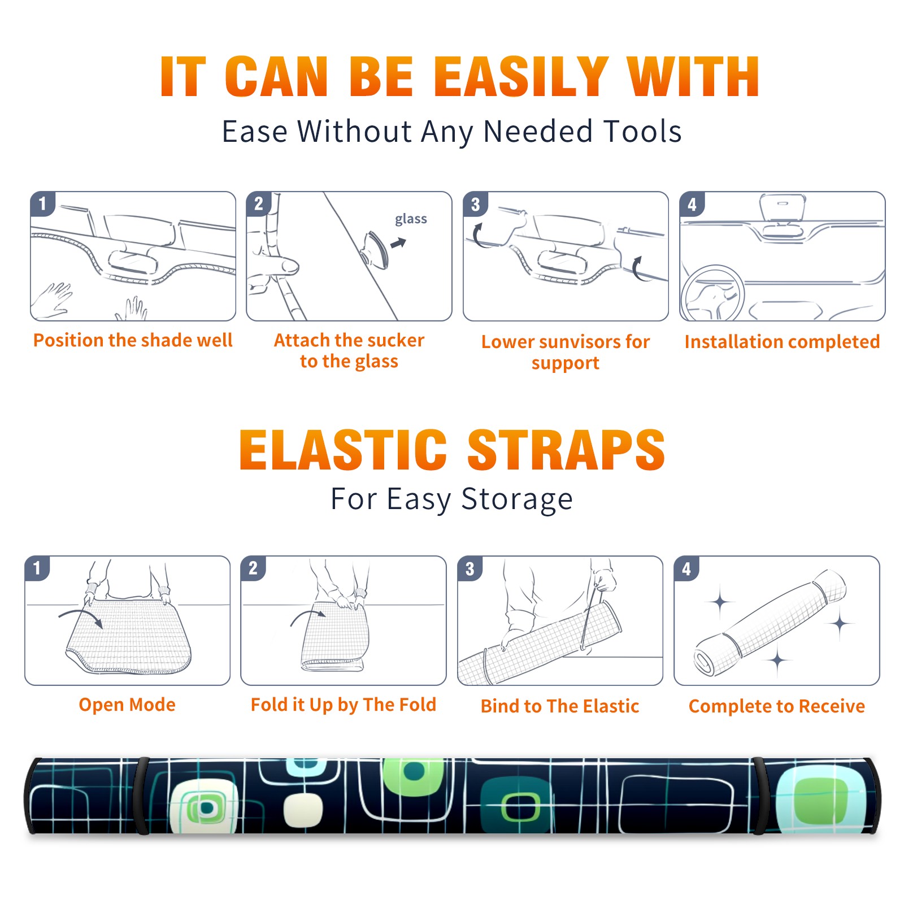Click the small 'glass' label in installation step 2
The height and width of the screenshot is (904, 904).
411,219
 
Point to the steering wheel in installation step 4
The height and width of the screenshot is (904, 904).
712,293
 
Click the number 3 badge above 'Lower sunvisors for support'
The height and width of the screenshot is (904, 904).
475,204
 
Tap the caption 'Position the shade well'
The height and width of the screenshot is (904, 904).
133,340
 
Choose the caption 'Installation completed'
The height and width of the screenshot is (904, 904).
782,341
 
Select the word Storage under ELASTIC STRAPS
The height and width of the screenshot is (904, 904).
517,499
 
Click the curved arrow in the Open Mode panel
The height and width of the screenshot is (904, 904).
81,617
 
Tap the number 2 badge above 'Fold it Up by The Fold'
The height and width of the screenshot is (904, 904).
253,568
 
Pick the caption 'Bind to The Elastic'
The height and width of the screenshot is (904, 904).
560,706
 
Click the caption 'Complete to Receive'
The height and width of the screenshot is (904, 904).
777,706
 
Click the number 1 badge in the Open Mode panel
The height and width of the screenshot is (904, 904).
37,568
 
